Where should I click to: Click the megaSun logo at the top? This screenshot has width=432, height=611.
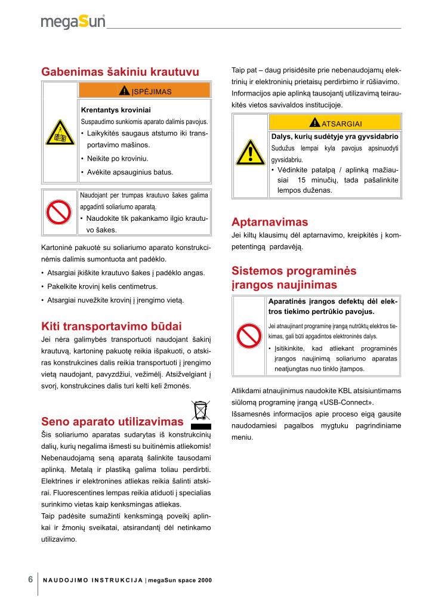(x=73, y=22)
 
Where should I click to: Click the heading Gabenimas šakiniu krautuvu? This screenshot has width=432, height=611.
(x=120, y=72)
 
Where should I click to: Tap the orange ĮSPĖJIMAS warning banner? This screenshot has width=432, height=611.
(x=145, y=91)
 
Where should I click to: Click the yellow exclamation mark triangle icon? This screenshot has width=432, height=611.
(x=250, y=153)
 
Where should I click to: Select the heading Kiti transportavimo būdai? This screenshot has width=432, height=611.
(x=112, y=326)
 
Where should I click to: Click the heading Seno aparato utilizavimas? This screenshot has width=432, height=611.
(x=112, y=422)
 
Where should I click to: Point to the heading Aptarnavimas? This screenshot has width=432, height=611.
(x=270, y=222)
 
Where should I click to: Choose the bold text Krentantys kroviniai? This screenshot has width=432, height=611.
(x=116, y=110)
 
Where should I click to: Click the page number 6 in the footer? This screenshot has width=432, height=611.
(x=30, y=579)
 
